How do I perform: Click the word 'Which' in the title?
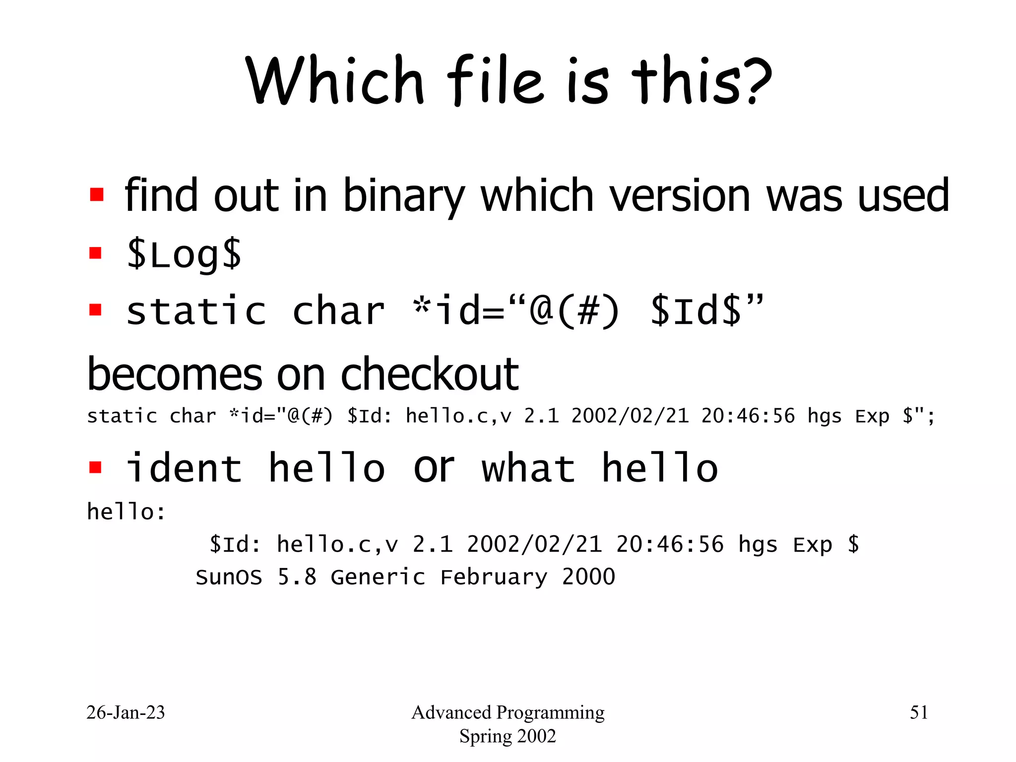coord(335,80)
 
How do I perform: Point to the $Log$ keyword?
coord(184,254)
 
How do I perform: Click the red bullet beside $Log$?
coord(95,254)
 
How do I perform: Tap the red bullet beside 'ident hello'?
coord(95,467)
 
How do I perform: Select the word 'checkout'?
coord(430,374)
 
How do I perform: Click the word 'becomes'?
coord(175,374)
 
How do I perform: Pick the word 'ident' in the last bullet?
coord(184,468)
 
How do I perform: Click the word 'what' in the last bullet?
coord(528,468)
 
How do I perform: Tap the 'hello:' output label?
coord(127,511)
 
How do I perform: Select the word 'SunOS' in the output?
coord(229,577)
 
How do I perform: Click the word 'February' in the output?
coord(494,577)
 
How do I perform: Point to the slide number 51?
coord(919,712)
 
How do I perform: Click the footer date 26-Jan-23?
coord(126,712)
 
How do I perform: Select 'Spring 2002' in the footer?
coord(508,736)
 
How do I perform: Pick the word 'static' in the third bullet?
coord(196,312)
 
